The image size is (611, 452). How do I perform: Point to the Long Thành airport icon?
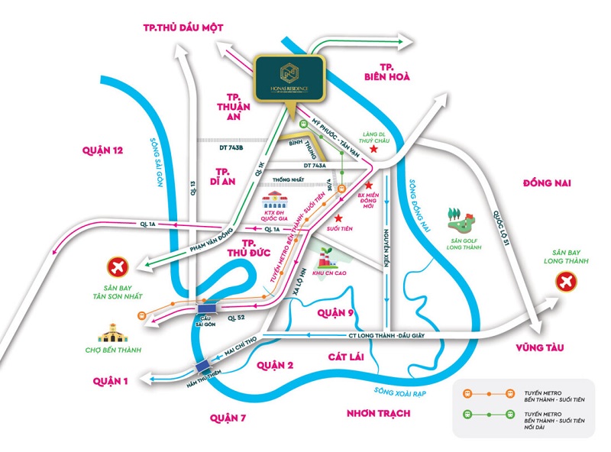point(566,282)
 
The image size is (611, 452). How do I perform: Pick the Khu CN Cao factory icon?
point(325,256)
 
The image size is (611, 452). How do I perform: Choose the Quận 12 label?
point(102,150)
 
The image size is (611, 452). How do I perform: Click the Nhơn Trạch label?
point(378,413)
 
